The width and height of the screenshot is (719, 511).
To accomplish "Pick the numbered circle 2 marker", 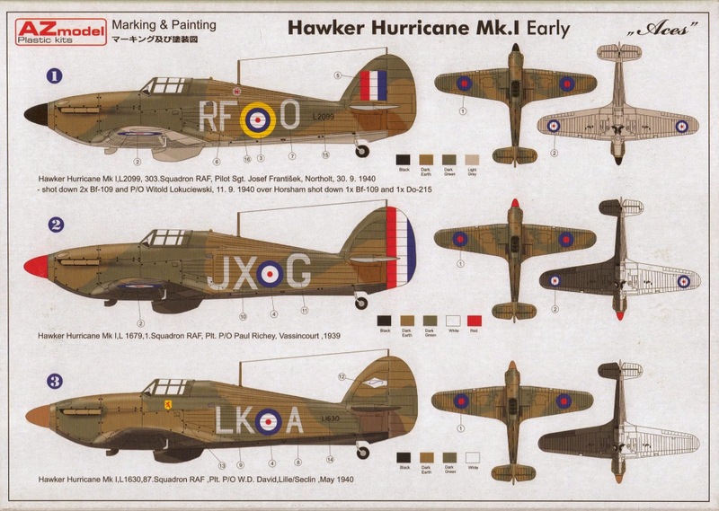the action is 30,224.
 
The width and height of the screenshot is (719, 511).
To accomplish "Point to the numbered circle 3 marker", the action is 30,382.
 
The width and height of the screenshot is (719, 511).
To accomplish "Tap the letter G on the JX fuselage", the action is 300,272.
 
